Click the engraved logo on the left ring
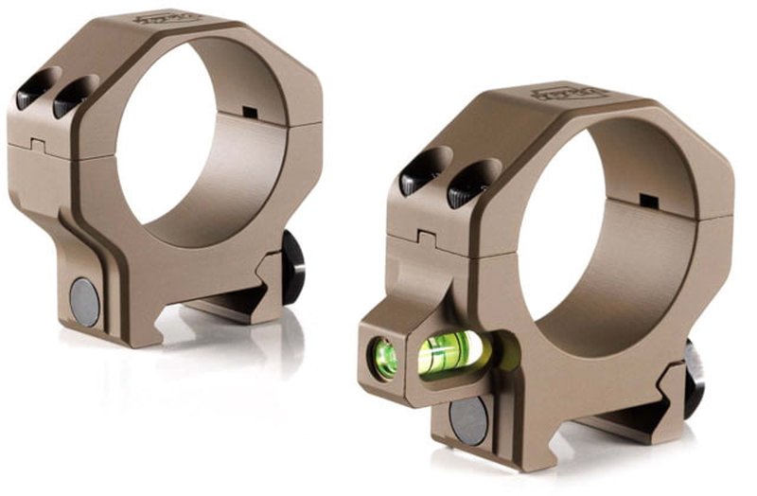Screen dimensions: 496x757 click(153, 17)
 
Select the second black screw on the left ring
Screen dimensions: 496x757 click(72, 96)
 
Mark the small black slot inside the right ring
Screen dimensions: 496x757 click(649, 202)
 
